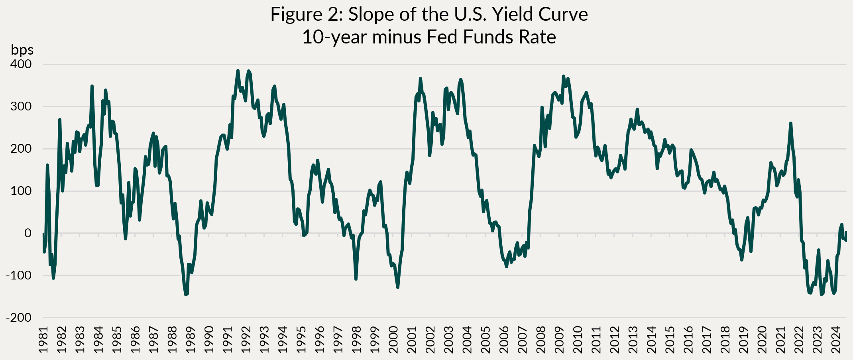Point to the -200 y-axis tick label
(x=19, y=318)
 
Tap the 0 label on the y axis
(x=28, y=233)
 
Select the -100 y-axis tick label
(x=19, y=275)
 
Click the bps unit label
(x=22, y=50)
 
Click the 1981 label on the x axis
(x=43, y=340)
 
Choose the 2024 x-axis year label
(x=836, y=340)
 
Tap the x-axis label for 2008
(x=541, y=340)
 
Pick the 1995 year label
(x=301, y=340)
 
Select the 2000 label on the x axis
(x=393, y=340)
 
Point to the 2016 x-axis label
(x=688, y=340)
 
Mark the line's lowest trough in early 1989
(x=186, y=295)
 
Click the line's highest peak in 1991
(x=238, y=71)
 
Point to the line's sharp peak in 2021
(x=790, y=123)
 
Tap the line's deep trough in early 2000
(x=398, y=287)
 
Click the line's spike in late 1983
(x=92, y=86)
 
